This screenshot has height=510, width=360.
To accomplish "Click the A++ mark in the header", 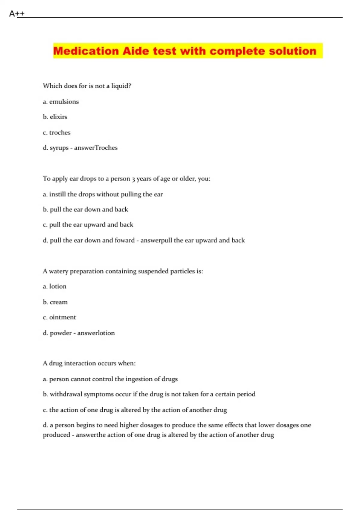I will pyautogui.click(x=17, y=13).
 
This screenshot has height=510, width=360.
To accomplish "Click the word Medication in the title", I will pyautogui.click(x=86, y=51).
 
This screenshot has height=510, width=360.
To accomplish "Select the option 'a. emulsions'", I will pyautogui.click(x=61, y=102).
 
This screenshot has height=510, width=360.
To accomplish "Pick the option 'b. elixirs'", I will pyautogui.click(x=55, y=117).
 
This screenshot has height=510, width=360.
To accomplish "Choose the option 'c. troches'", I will pyautogui.click(x=56, y=133).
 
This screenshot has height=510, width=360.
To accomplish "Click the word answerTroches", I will pyautogui.click(x=96, y=148).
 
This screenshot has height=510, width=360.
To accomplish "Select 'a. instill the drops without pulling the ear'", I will pyautogui.click(x=103, y=194).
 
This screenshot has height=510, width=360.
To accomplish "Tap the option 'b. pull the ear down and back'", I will pyautogui.click(x=85, y=209).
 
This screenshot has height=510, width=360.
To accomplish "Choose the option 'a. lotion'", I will pyautogui.click(x=54, y=286).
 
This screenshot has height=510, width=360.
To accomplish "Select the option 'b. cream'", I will pyautogui.click(x=55, y=302).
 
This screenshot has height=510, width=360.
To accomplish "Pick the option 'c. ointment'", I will pyautogui.click(x=59, y=317).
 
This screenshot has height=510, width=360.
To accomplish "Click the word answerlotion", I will pyautogui.click(x=96, y=333).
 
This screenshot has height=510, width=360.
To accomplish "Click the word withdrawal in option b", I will pyautogui.click(x=66, y=394).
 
